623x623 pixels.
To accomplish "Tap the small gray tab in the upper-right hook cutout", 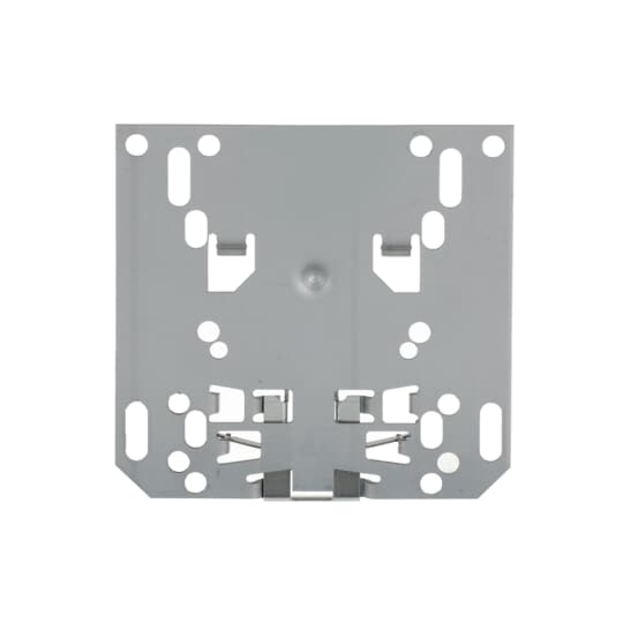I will coord(396,248).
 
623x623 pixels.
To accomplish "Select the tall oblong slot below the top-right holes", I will coord(450,171).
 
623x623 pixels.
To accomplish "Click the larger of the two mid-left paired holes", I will coord(209,330).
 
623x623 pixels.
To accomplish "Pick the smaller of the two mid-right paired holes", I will coord(408,349).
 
